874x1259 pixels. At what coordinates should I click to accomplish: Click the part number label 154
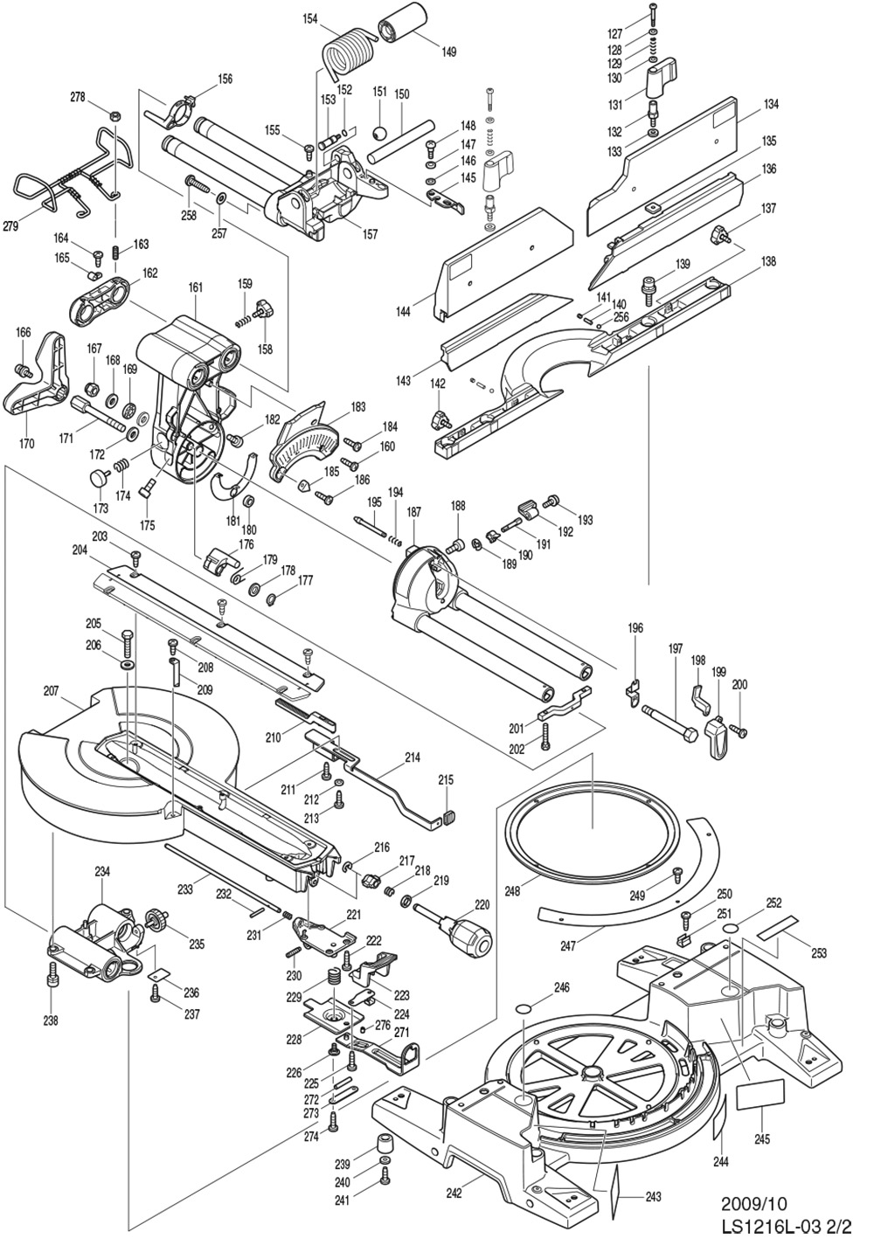pos(311,18)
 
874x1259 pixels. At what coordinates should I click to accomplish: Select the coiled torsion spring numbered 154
pos(348,53)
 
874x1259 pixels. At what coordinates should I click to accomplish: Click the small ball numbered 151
pos(380,134)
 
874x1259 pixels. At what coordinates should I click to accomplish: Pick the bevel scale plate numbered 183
pos(306,441)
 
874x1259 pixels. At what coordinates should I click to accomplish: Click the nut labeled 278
pos(114,115)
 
